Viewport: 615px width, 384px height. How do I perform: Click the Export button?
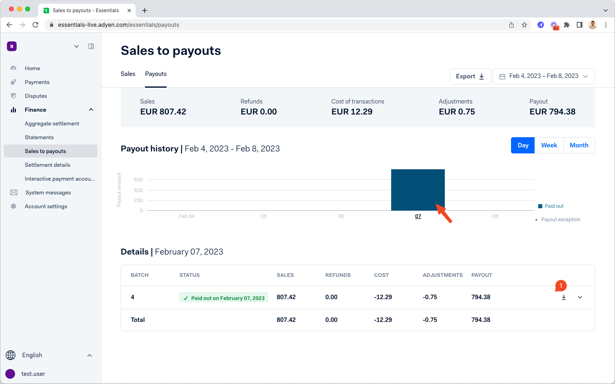click(x=470, y=76)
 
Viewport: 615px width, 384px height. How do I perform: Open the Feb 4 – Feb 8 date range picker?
click(x=544, y=76)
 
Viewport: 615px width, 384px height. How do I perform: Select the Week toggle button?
click(x=549, y=145)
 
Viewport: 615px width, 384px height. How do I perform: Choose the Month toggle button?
click(x=579, y=145)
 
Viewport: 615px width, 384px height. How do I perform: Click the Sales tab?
click(x=128, y=74)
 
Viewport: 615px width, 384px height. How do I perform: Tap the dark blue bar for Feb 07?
click(x=418, y=190)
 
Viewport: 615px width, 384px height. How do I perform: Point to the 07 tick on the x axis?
click(x=418, y=216)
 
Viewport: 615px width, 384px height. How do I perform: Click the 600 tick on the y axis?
click(x=138, y=180)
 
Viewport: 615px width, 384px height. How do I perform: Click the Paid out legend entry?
click(x=554, y=206)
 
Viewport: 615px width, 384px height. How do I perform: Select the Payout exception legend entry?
click(x=560, y=220)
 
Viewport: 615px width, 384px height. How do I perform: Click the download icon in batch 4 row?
click(x=564, y=298)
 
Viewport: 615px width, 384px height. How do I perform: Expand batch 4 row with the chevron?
click(x=580, y=298)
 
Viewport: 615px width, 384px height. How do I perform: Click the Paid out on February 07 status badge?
click(x=224, y=298)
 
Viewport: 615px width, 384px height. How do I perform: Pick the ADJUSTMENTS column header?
click(x=442, y=275)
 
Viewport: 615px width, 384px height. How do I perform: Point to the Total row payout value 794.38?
click(x=481, y=320)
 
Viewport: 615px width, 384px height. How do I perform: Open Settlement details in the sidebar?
click(x=48, y=165)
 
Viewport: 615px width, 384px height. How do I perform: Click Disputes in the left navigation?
click(x=36, y=96)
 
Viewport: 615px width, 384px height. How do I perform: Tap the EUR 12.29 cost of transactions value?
click(x=352, y=112)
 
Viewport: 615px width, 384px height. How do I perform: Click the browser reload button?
click(x=35, y=25)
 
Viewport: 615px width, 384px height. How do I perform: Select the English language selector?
click(x=32, y=355)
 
